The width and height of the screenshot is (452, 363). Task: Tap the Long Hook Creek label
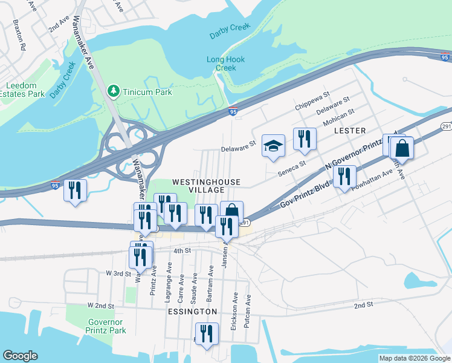pos(221,64)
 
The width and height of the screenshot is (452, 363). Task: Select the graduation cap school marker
pos(273,146)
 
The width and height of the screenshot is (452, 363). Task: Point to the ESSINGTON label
pos(189,311)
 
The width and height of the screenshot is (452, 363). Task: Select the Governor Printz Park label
pos(106,326)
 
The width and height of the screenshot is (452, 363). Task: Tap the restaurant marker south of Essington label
pos(207,334)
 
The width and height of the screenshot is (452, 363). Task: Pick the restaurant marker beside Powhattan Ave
pos(344,177)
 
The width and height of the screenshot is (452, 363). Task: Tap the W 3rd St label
pos(118,273)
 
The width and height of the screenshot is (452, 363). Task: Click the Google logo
pos(20,356)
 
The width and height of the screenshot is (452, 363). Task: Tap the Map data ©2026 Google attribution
pos(414,358)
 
